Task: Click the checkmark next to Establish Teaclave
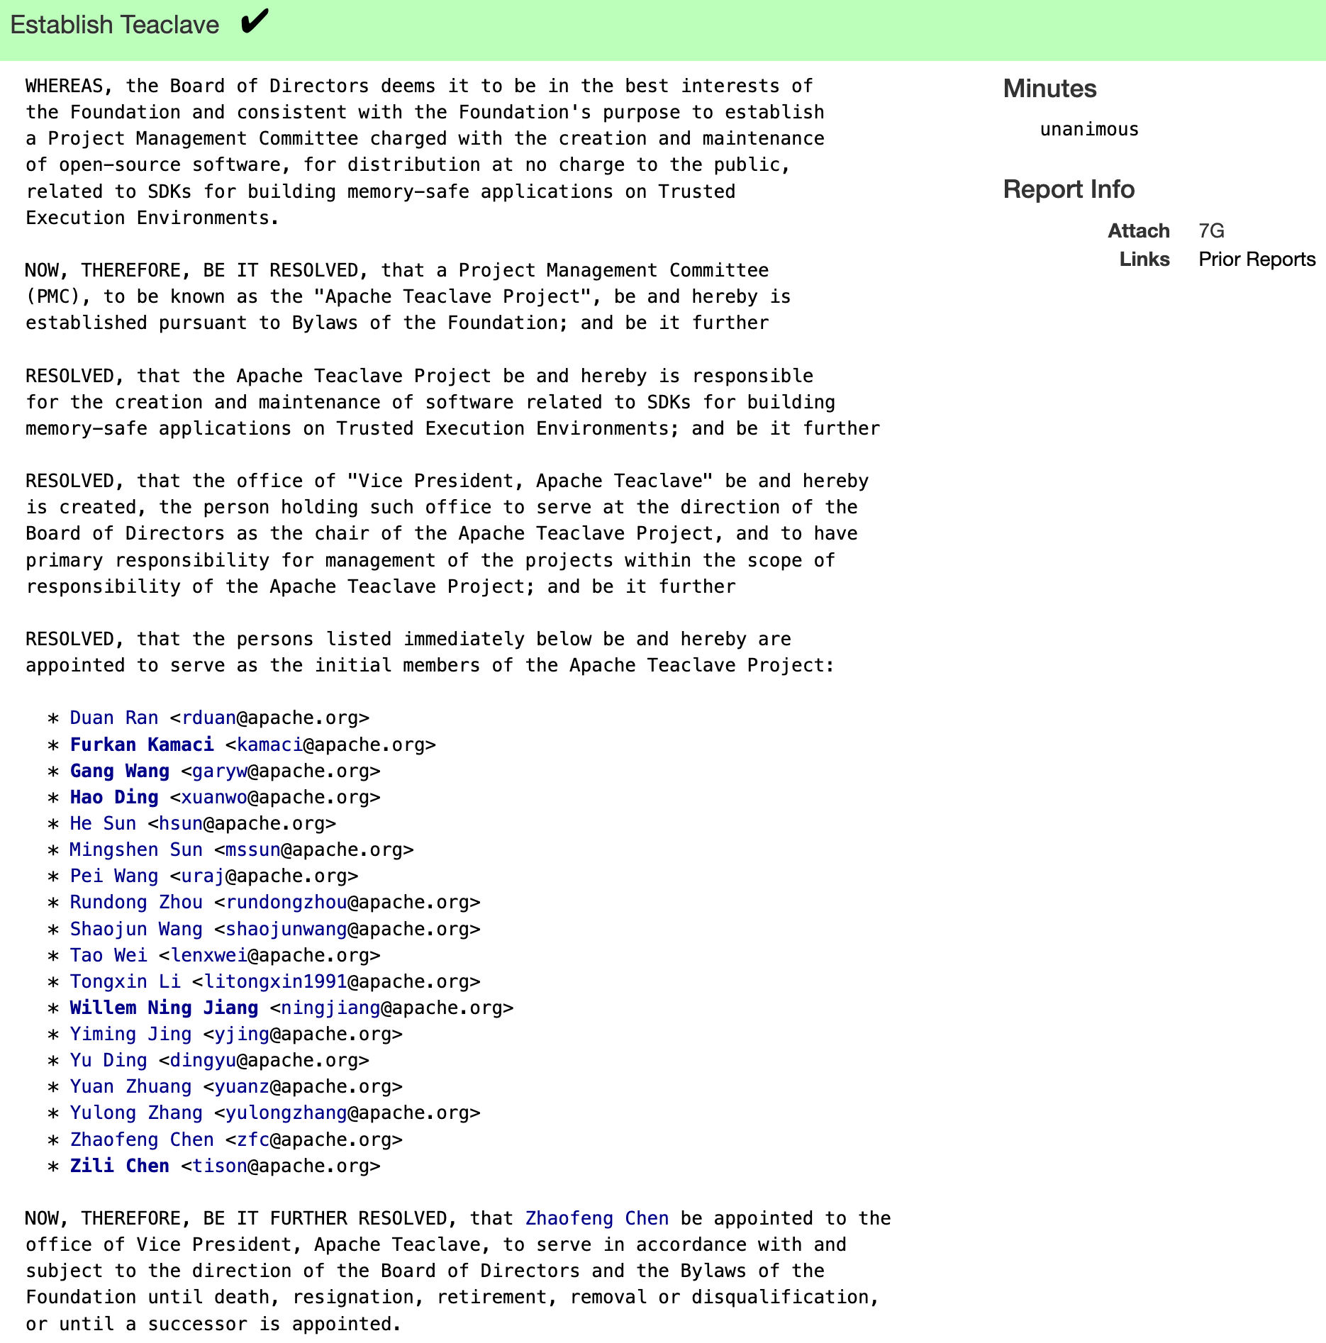tap(255, 22)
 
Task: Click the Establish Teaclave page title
tap(115, 25)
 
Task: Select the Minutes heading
tap(1049, 89)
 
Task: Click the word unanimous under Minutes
tap(1088, 129)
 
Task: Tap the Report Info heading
tap(1069, 189)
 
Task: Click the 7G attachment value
tap(1211, 230)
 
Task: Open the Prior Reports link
tap(1257, 259)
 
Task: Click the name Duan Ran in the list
tap(114, 718)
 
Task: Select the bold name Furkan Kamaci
tap(142, 745)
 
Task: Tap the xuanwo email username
tap(214, 797)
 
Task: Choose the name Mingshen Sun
tap(136, 849)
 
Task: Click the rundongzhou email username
tap(286, 902)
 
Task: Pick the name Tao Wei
tap(108, 955)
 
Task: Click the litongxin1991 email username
tap(276, 981)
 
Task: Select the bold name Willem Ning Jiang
tap(164, 1008)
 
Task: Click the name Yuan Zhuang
tap(130, 1086)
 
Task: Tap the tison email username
tap(220, 1166)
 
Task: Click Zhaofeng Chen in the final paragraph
tap(596, 1218)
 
